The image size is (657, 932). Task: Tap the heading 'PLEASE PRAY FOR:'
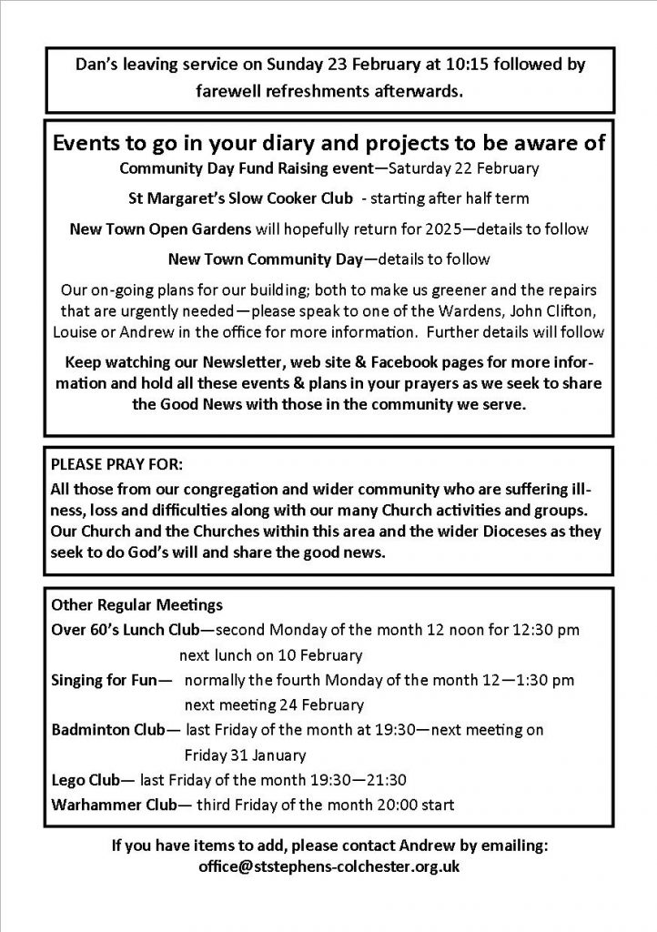(x=111, y=461)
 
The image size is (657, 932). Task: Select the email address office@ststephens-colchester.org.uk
(x=328, y=866)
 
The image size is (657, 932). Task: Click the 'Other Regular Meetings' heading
(x=125, y=603)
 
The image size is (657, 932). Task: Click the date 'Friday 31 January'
(x=245, y=755)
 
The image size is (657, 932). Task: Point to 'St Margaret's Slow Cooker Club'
(x=236, y=198)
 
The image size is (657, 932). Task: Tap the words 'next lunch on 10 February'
(x=270, y=654)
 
